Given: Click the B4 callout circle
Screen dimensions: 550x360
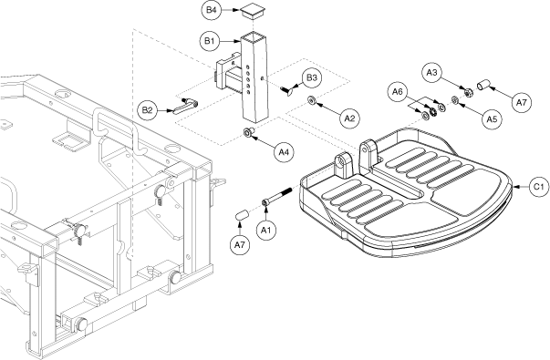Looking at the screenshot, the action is (x=212, y=10).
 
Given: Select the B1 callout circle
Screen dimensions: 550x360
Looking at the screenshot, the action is (x=210, y=41).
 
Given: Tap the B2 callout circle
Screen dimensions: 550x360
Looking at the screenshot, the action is (x=148, y=110).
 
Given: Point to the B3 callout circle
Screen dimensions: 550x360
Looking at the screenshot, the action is (x=312, y=77).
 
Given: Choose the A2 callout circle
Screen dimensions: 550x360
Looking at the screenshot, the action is (x=349, y=118).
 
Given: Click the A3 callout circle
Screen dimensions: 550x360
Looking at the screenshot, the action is (x=431, y=73).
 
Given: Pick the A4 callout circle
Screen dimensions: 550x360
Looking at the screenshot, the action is (x=284, y=152).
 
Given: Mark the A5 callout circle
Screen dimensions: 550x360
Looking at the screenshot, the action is (x=492, y=119).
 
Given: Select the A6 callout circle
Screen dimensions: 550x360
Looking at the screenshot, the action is (x=398, y=91).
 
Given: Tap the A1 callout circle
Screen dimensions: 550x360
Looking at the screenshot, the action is (x=266, y=230).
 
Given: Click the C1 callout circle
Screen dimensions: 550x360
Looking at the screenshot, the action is (x=539, y=187).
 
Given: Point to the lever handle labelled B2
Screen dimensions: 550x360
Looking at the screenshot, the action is (x=185, y=106).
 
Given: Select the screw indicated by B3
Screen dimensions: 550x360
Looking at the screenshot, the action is (x=287, y=90).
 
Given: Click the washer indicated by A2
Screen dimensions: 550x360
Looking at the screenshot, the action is (x=311, y=100).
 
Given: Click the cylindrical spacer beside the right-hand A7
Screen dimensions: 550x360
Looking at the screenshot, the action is (x=483, y=85).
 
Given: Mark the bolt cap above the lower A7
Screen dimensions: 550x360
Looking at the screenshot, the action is (x=242, y=215).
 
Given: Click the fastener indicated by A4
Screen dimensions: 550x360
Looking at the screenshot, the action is (x=249, y=133).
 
